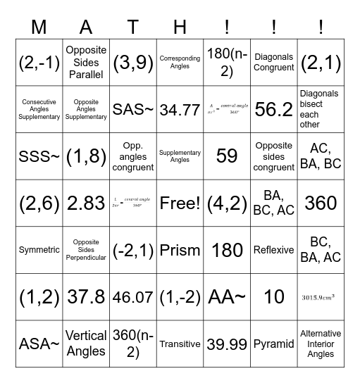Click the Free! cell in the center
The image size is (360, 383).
[x=180, y=203]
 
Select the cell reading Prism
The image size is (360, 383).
[x=180, y=250]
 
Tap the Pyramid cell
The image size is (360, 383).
[x=274, y=344]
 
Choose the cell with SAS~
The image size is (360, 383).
[x=132, y=109]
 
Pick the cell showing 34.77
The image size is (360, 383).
[x=180, y=109]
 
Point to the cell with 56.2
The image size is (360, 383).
[x=274, y=109]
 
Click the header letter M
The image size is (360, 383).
[x=39, y=27]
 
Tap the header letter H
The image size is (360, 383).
[x=180, y=27]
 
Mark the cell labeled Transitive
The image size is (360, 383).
[x=180, y=344]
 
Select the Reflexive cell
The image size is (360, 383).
[x=274, y=250]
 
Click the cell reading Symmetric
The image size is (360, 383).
[x=39, y=250]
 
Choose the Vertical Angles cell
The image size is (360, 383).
[x=85, y=344]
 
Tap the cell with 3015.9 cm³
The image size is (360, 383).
[x=321, y=297]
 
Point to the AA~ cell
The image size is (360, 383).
[x=227, y=297]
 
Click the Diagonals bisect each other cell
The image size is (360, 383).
[x=321, y=109]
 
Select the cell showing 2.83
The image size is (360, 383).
[x=85, y=203]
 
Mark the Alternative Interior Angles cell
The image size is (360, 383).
[x=321, y=344]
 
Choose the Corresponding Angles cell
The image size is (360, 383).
[x=180, y=63]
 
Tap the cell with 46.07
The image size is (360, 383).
[x=132, y=297]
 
